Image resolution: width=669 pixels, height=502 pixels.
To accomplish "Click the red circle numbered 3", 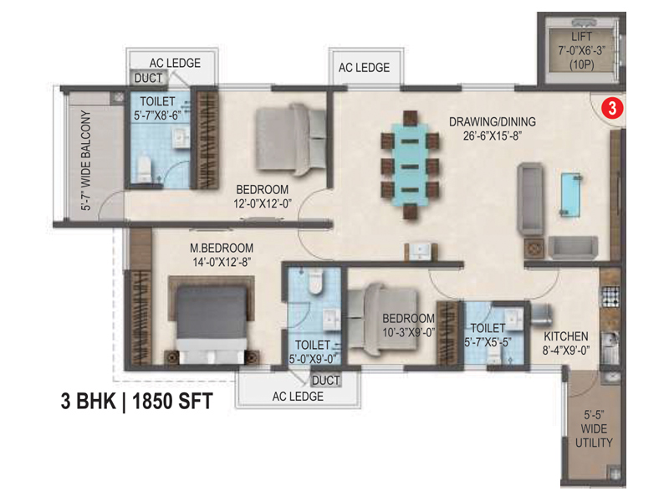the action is pos(612,108).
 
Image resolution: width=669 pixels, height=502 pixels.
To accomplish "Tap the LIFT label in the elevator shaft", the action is pos(581,37).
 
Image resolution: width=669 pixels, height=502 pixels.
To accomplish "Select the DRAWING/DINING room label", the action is pos(493,121).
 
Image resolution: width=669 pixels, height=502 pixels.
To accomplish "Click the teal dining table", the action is pos(410,165).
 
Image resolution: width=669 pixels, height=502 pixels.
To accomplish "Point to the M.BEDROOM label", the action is pos(222,248).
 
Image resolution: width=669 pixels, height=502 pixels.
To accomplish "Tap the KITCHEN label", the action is pos(566,336).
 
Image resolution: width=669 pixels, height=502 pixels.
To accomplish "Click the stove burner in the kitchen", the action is pos(610,297).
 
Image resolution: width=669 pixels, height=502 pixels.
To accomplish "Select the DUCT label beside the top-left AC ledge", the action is pos(148,78).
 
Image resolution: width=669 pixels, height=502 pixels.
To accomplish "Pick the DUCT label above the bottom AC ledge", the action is pos(325,381).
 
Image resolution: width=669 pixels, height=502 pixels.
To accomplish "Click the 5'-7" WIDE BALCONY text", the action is pos(86,160).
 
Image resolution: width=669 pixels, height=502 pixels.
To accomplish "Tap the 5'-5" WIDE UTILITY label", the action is pos(594,428).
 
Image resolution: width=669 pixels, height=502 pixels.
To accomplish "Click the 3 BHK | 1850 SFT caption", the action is pos(136,402).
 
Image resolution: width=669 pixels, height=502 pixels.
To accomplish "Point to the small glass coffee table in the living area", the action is pos(571,194).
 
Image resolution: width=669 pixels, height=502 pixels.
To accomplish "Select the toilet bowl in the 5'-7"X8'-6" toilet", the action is pos(144,170).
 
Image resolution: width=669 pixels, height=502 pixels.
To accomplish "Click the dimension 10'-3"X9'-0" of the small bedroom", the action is pos(408,332).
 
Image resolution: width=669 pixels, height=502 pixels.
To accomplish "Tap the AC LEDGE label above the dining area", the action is pos(364,68).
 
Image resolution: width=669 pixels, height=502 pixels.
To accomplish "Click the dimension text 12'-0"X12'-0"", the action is pos(262,203).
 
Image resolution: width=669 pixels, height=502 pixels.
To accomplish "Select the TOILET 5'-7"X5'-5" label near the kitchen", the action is pos(488,335).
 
